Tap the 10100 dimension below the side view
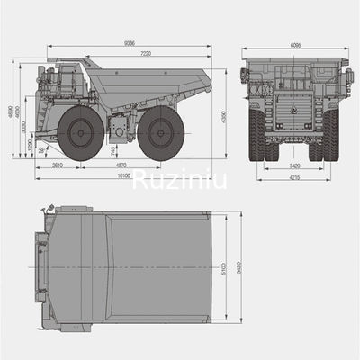click(x=123, y=175)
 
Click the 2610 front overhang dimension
click(x=57, y=166)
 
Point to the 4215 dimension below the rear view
click(x=293, y=177)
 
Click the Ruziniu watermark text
click(x=180, y=183)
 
